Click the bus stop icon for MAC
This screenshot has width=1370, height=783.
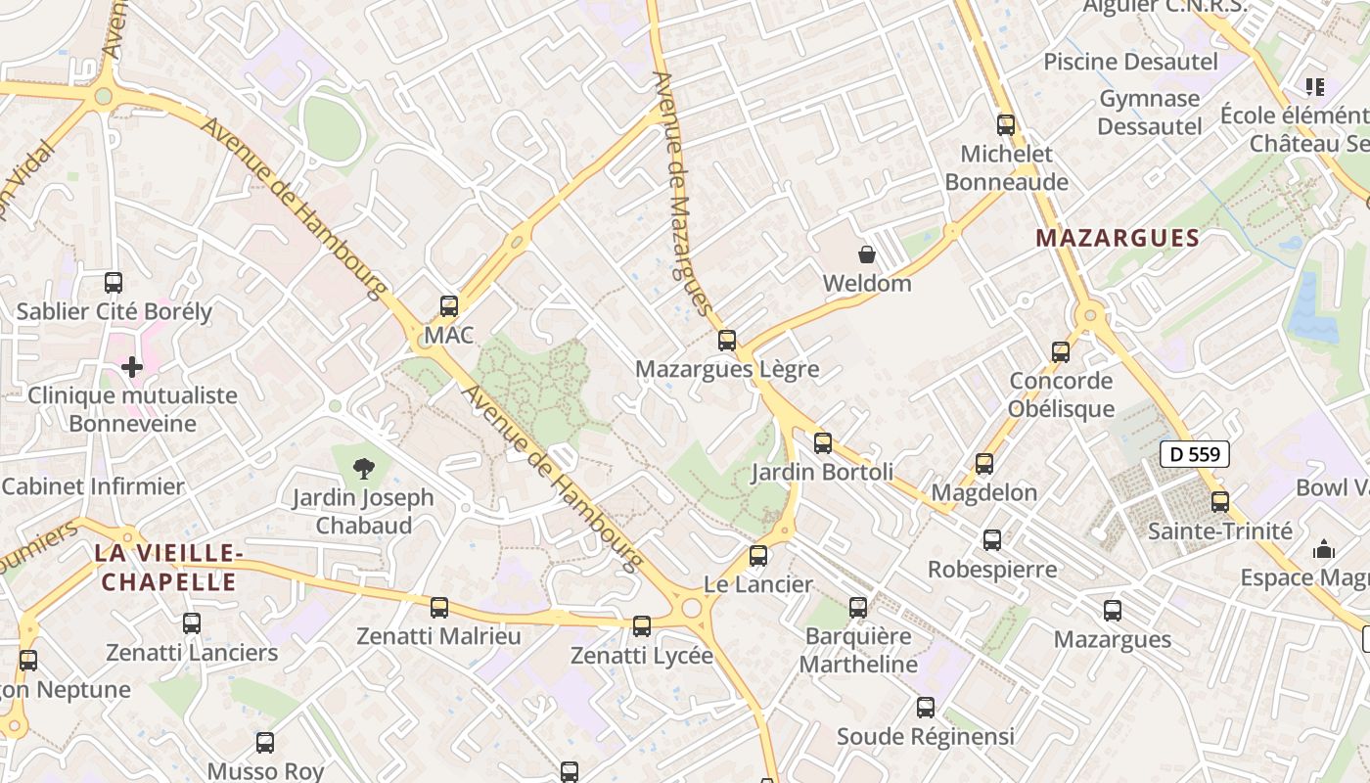pyautogui.click(x=449, y=305)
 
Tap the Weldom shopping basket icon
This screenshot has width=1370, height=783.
pyautogui.click(x=866, y=255)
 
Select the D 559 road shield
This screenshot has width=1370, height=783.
pyautogui.click(x=1194, y=453)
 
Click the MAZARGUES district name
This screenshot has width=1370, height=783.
pyautogui.click(x=1118, y=238)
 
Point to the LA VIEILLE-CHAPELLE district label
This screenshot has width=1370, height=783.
pyautogui.click(x=168, y=568)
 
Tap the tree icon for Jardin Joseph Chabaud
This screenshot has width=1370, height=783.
pyautogui.click(x=364, y=468)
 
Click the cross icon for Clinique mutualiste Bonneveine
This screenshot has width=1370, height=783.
pyautogui.click(x=132, y=367)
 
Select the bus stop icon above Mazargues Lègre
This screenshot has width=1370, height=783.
pyautogui.click(x=726, y=340)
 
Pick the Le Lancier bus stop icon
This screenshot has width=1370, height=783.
pyautogui.click(x=758, y=556)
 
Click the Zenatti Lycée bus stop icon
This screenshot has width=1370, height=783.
pyautogui.click(x=642, y=625)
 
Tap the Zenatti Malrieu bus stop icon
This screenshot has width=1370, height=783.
pyautogui.click(x=439, y=607)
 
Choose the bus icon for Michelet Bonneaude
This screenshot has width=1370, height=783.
pyautogui.click(x=1006, y=124)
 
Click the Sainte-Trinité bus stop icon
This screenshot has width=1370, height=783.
pyautogui.click(x=1219, y=501)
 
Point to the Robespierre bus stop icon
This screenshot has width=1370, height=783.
pyautogui.click(x=992, y=539)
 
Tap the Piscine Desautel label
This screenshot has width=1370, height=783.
pyautogui.click(x=1130, y=62)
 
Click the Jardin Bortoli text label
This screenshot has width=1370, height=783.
pyautogui.click(x=822, y=472)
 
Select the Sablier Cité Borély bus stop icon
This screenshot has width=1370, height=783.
pyautogui.click(x=114, y=283)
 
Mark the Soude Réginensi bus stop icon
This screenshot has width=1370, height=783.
pyautogui.click(x=926, y=707)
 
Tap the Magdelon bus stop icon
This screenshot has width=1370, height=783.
pyautogui.click(x=984, y=463)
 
